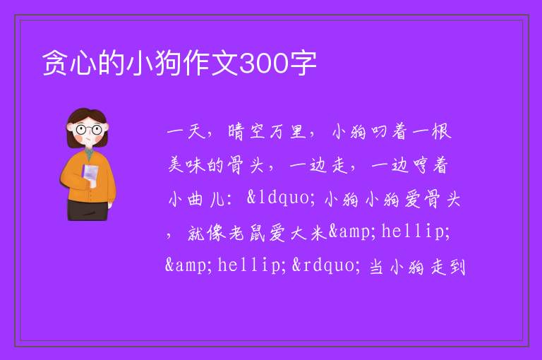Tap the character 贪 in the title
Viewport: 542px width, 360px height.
[55, 63]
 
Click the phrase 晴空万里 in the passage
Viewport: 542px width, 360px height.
[267, 131]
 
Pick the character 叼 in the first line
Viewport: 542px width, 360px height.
[378, 132]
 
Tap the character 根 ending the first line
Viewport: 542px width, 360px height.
[442, 131]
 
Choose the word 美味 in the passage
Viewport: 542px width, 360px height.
[186, 164]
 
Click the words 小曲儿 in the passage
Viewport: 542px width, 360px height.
[195, 199]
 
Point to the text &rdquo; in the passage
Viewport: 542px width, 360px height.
[324, 265]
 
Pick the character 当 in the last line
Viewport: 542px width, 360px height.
[377, 267]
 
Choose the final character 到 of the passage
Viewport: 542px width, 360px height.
[457, 267]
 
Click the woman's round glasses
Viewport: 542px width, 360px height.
[89, 130]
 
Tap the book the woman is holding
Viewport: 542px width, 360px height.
[90, 175]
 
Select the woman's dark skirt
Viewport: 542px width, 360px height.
[88, 210]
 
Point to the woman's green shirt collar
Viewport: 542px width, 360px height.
[89, 154]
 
